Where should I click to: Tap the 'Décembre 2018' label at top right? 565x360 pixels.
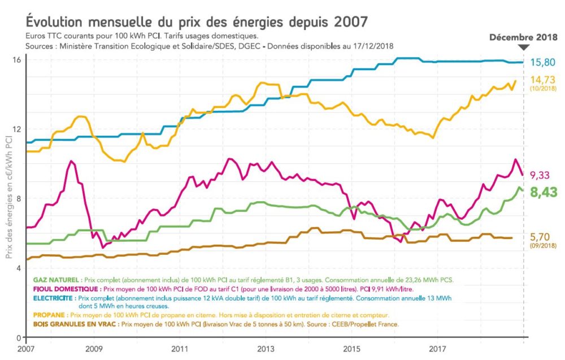(523, 38)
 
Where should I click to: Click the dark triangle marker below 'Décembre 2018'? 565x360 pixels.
(524, 48)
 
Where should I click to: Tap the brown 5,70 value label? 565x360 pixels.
(541, 236)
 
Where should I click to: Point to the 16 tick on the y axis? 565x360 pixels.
(16, 59)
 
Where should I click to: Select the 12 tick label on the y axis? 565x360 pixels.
(16, 129)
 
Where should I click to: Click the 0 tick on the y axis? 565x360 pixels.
(19, 337)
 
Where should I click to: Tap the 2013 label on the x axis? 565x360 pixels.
(266, 348)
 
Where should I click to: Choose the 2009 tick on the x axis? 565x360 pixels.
(94, 348)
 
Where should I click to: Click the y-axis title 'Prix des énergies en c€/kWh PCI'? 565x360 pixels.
(10, 198)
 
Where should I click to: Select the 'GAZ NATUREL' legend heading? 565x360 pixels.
(56, 280)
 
